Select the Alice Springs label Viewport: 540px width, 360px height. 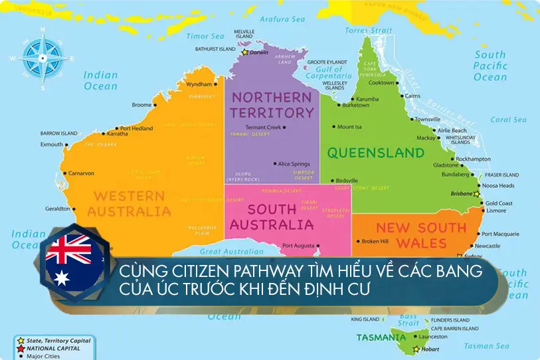(x=294, y=163)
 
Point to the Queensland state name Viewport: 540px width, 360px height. (x=375, y=153)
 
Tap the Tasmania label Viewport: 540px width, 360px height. (x=381, y=337)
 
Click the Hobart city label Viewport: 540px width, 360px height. (x=431, y=349)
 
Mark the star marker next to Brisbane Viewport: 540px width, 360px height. (x=476, y=194)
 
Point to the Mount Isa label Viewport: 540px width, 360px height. (x=349, y=127)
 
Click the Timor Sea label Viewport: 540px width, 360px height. (x=205, y=36)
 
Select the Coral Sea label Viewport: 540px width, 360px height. (x=509, y=120)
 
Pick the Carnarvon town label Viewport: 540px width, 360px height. (x=80, y=173)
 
